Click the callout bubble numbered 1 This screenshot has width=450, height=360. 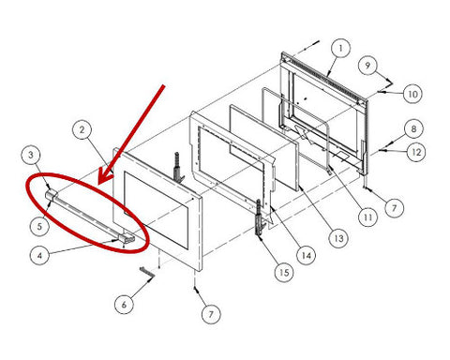(340, 48)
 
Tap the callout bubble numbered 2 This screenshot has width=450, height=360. (82, 129)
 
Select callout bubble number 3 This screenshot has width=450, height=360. (31, 155)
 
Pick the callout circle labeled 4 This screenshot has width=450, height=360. (39, 255)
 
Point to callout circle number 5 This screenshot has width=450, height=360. (39, 226)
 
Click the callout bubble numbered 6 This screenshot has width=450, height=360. (124, 304)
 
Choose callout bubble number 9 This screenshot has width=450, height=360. (367, 66)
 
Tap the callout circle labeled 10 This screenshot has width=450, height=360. (412, 94)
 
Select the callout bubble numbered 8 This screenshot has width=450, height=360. (413, 128)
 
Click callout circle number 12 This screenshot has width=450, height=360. (416, 152)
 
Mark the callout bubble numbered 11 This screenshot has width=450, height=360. (367, 217)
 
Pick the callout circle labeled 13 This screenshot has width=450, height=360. (338, 238)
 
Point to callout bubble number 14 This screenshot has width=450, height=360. (307, 255)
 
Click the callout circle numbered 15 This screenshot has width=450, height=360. (284, 273)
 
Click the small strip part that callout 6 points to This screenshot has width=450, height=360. (147, 273)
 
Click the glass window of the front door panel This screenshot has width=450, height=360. (156, 210)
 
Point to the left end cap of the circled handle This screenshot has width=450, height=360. (52, 195)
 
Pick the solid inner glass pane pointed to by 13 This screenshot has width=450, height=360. (264, 147)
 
